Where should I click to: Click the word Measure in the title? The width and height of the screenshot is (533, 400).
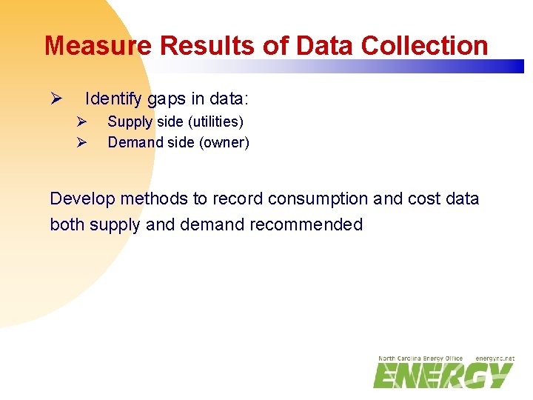99,46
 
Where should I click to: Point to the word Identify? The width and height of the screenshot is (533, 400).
116,99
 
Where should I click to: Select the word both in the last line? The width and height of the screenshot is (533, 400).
67,224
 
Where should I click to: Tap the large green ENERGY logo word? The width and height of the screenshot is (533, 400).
442,376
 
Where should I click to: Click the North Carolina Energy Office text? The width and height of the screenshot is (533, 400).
420,359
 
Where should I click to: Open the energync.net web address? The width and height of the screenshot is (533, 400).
495,359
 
